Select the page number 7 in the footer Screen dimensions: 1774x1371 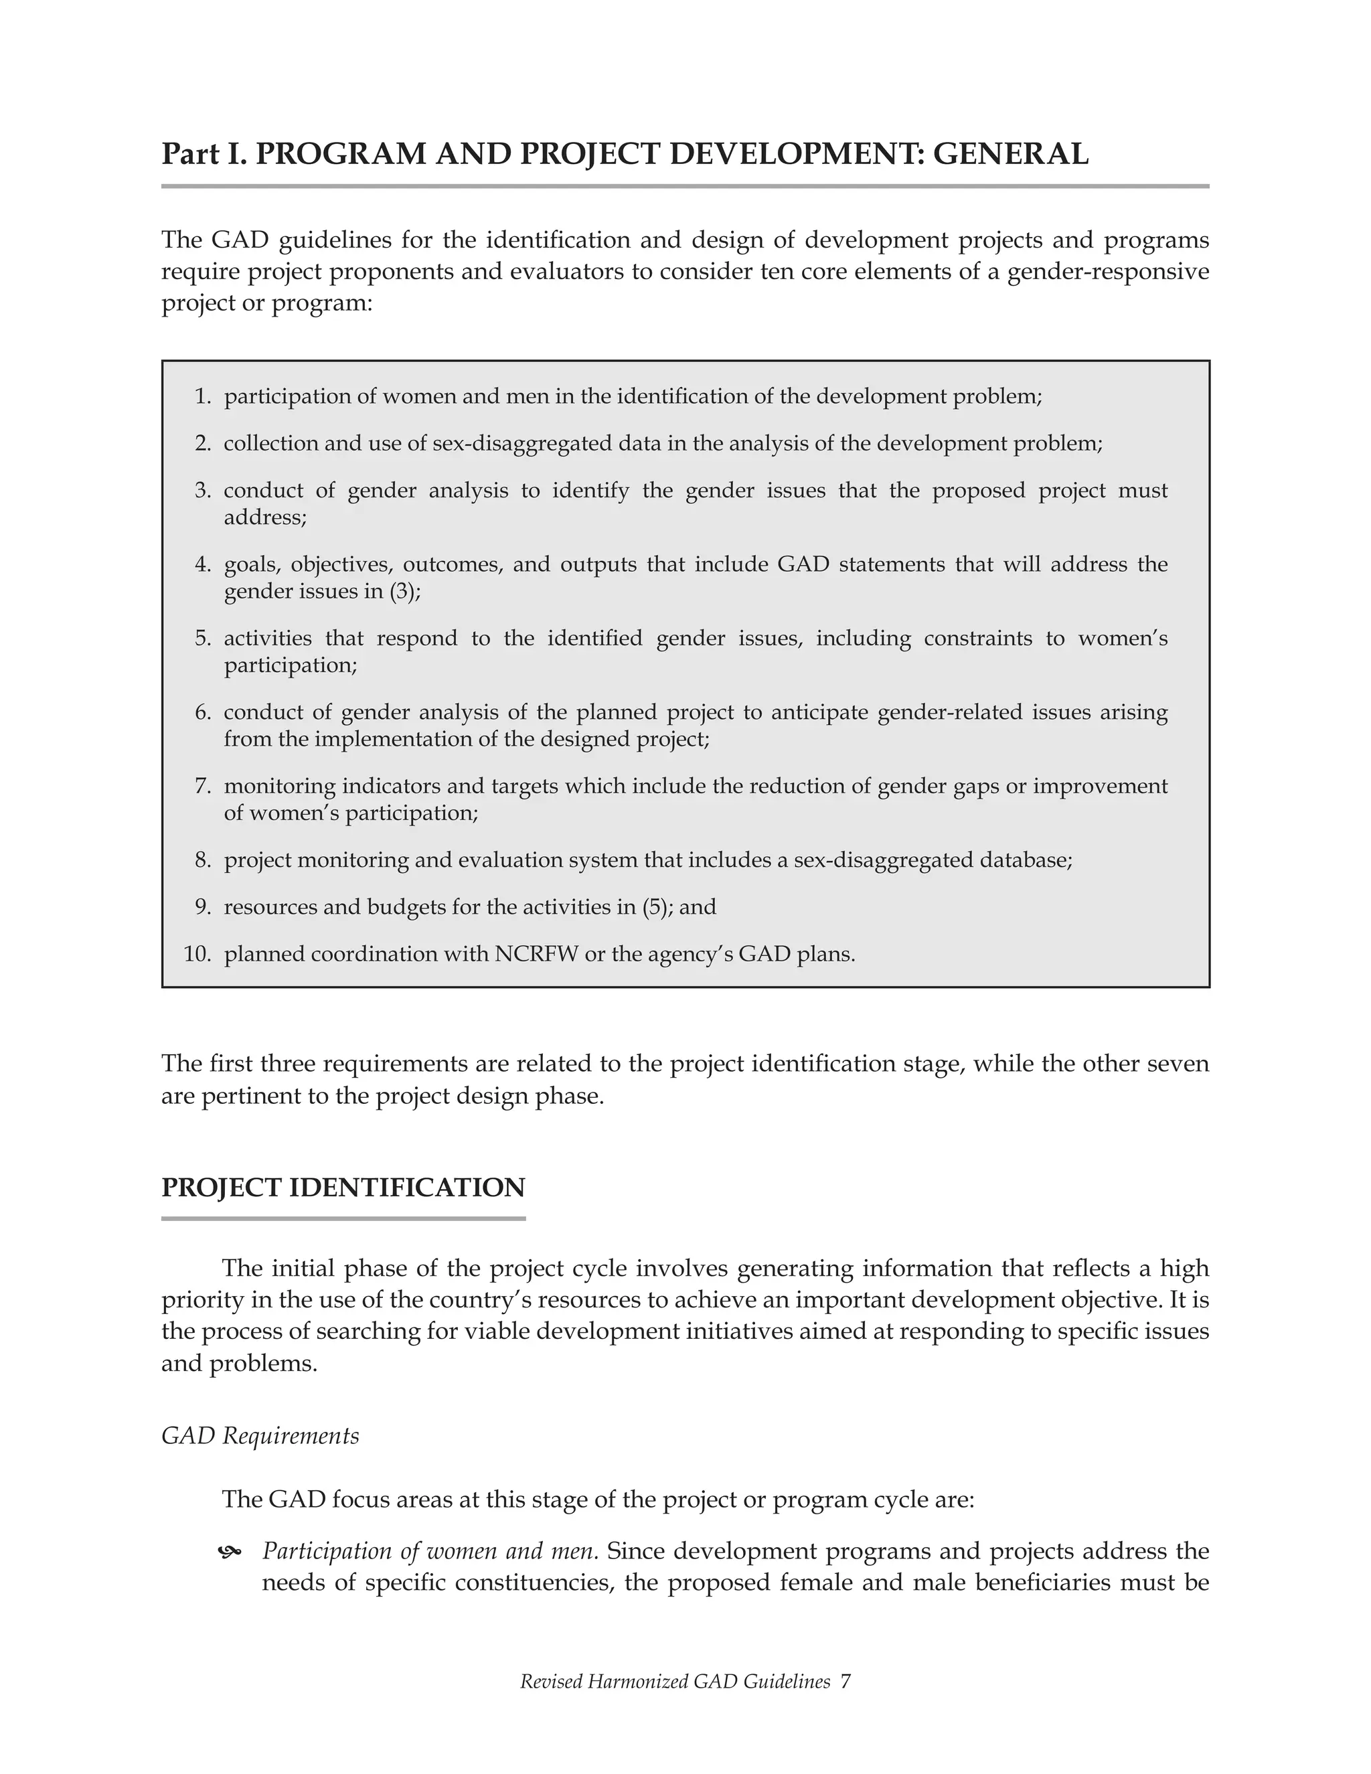(845, 1682)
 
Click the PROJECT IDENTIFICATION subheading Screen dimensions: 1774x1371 (343, 1188)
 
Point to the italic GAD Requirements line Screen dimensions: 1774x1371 (260, 1436)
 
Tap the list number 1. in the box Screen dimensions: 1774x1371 (203, 396)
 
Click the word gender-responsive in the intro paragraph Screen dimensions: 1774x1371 (1108, 271)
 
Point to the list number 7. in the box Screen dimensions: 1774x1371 (203, 787)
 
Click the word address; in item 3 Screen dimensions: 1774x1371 (266, 517)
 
